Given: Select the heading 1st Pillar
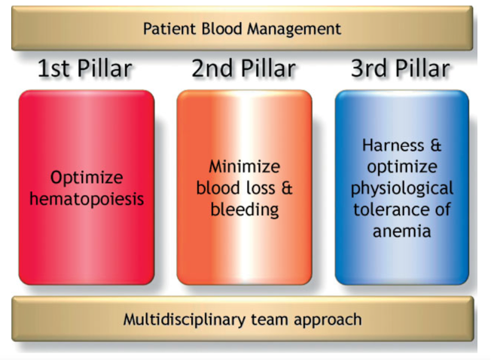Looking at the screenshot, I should point(85,69).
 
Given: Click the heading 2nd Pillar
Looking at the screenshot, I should point(243,69).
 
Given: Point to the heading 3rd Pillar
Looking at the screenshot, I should point(401,69).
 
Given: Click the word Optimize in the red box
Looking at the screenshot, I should point(86,178).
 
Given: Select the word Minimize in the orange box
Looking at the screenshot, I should point(243,166).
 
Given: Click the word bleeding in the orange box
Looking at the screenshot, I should point(243,209).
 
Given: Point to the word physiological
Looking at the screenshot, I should point(403,188).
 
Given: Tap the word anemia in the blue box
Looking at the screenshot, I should point(402,230).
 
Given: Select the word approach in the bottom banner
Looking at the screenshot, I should point(330,319).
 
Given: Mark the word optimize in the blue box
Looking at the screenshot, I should point(403,166).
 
